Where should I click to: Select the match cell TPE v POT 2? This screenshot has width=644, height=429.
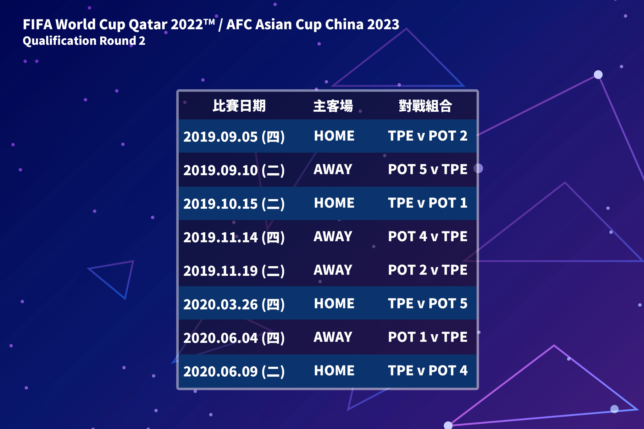coord(428,136)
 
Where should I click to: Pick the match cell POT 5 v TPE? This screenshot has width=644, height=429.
coord(428,169)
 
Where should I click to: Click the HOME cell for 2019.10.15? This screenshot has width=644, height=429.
coord(334,203)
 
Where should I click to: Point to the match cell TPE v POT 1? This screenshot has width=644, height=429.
coord(428,203)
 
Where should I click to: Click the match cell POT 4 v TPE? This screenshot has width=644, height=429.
coord(428,236)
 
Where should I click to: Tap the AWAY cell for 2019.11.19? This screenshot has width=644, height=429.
coord(333,270)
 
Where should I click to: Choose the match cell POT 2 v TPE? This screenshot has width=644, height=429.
coord(428,270)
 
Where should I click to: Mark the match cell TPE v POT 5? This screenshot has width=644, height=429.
coord(428,304)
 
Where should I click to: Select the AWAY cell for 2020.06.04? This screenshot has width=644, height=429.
coord(333,337)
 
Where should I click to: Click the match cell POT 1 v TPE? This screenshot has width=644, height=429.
coord(428,337)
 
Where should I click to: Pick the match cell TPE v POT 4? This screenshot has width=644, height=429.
coord(428,370)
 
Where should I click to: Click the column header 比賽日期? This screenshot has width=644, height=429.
coord(239,106)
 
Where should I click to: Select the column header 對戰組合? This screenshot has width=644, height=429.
coord(425,106)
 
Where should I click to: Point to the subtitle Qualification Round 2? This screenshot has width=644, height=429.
coord(84,41)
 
